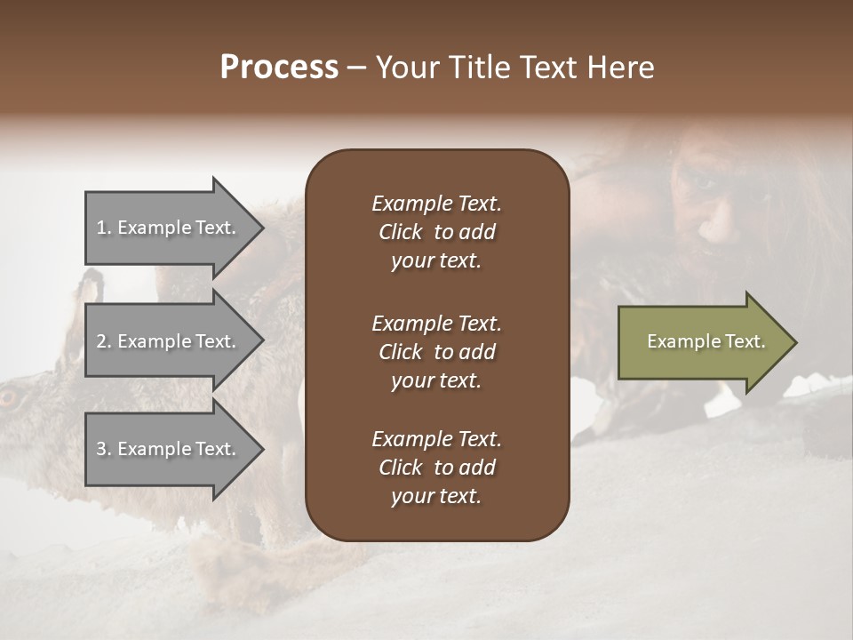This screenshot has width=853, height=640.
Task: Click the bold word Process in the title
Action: (279, 68)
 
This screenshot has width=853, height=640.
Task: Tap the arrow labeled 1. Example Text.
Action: (169, 228)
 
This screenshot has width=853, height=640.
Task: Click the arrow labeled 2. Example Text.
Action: (169, 341)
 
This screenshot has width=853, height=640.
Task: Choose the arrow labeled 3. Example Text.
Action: (169, 449)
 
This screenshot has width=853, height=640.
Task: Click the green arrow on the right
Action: (702, 342)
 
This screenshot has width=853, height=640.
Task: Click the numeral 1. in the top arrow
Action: (104, 228)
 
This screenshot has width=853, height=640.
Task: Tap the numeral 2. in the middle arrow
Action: (104, 341)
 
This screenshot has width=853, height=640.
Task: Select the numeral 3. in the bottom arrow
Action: (104, 450)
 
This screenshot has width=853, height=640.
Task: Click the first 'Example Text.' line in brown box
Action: (436, 204)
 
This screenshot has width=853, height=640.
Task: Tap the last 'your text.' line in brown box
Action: (436, 496)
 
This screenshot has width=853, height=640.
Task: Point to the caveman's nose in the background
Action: (711, 228)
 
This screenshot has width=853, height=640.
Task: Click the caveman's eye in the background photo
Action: (704, 182)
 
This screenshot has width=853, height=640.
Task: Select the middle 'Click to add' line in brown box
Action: (436, 352)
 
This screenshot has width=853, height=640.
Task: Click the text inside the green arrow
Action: (706, 341)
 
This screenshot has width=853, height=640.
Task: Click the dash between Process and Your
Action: (356, 68)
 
